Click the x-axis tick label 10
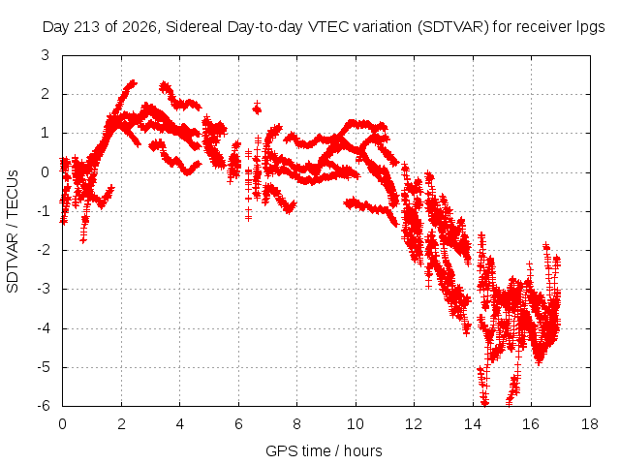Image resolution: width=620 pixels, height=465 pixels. [356, 424]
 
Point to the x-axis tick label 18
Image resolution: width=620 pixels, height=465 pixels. [590, 424]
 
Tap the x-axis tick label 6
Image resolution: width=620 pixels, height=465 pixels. [238, 424]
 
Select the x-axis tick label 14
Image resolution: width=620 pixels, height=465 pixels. [473, 424]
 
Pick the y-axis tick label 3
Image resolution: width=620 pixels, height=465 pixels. [46, 55]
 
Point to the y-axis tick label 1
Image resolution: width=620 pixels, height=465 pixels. [46, 134]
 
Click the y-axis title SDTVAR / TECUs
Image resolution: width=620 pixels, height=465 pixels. [13, 232]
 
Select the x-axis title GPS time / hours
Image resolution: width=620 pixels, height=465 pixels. [324, 450]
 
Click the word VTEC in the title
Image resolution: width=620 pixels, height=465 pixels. [328, 27]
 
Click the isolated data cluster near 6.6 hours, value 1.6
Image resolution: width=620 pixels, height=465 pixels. [257, 108]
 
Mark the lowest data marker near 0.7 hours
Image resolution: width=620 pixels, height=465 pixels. [83, 239]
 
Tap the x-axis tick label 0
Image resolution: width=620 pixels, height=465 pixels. [62, 424]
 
